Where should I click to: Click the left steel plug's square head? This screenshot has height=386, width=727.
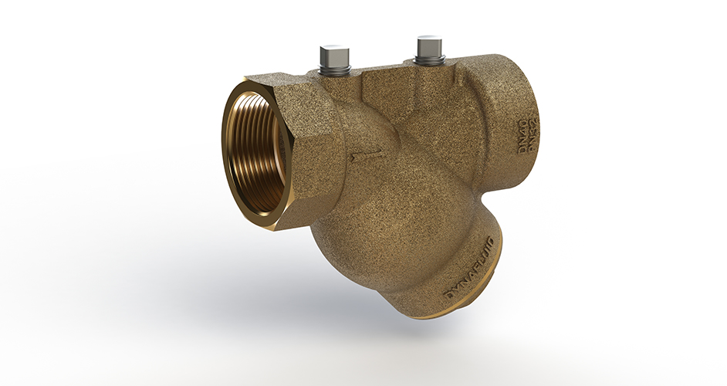click(x=333, y=56)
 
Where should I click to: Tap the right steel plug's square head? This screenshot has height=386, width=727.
click(x=428, y=46)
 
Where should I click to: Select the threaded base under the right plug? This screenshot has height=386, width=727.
click(x=428, y=60)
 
